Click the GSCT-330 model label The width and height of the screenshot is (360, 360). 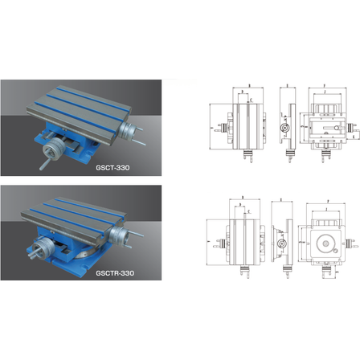(112, 168)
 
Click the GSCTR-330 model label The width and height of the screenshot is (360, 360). (114, 272)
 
